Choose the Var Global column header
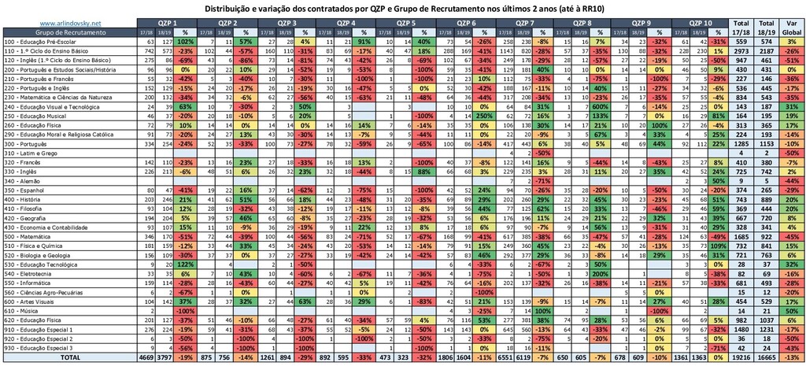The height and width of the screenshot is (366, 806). [793, 28]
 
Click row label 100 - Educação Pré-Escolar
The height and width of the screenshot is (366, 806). [40, 40]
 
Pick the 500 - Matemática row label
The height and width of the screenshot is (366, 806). [31, 235]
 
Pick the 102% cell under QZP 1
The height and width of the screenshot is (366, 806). [185, 40]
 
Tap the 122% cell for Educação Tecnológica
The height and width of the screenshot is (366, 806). [185, 265]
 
